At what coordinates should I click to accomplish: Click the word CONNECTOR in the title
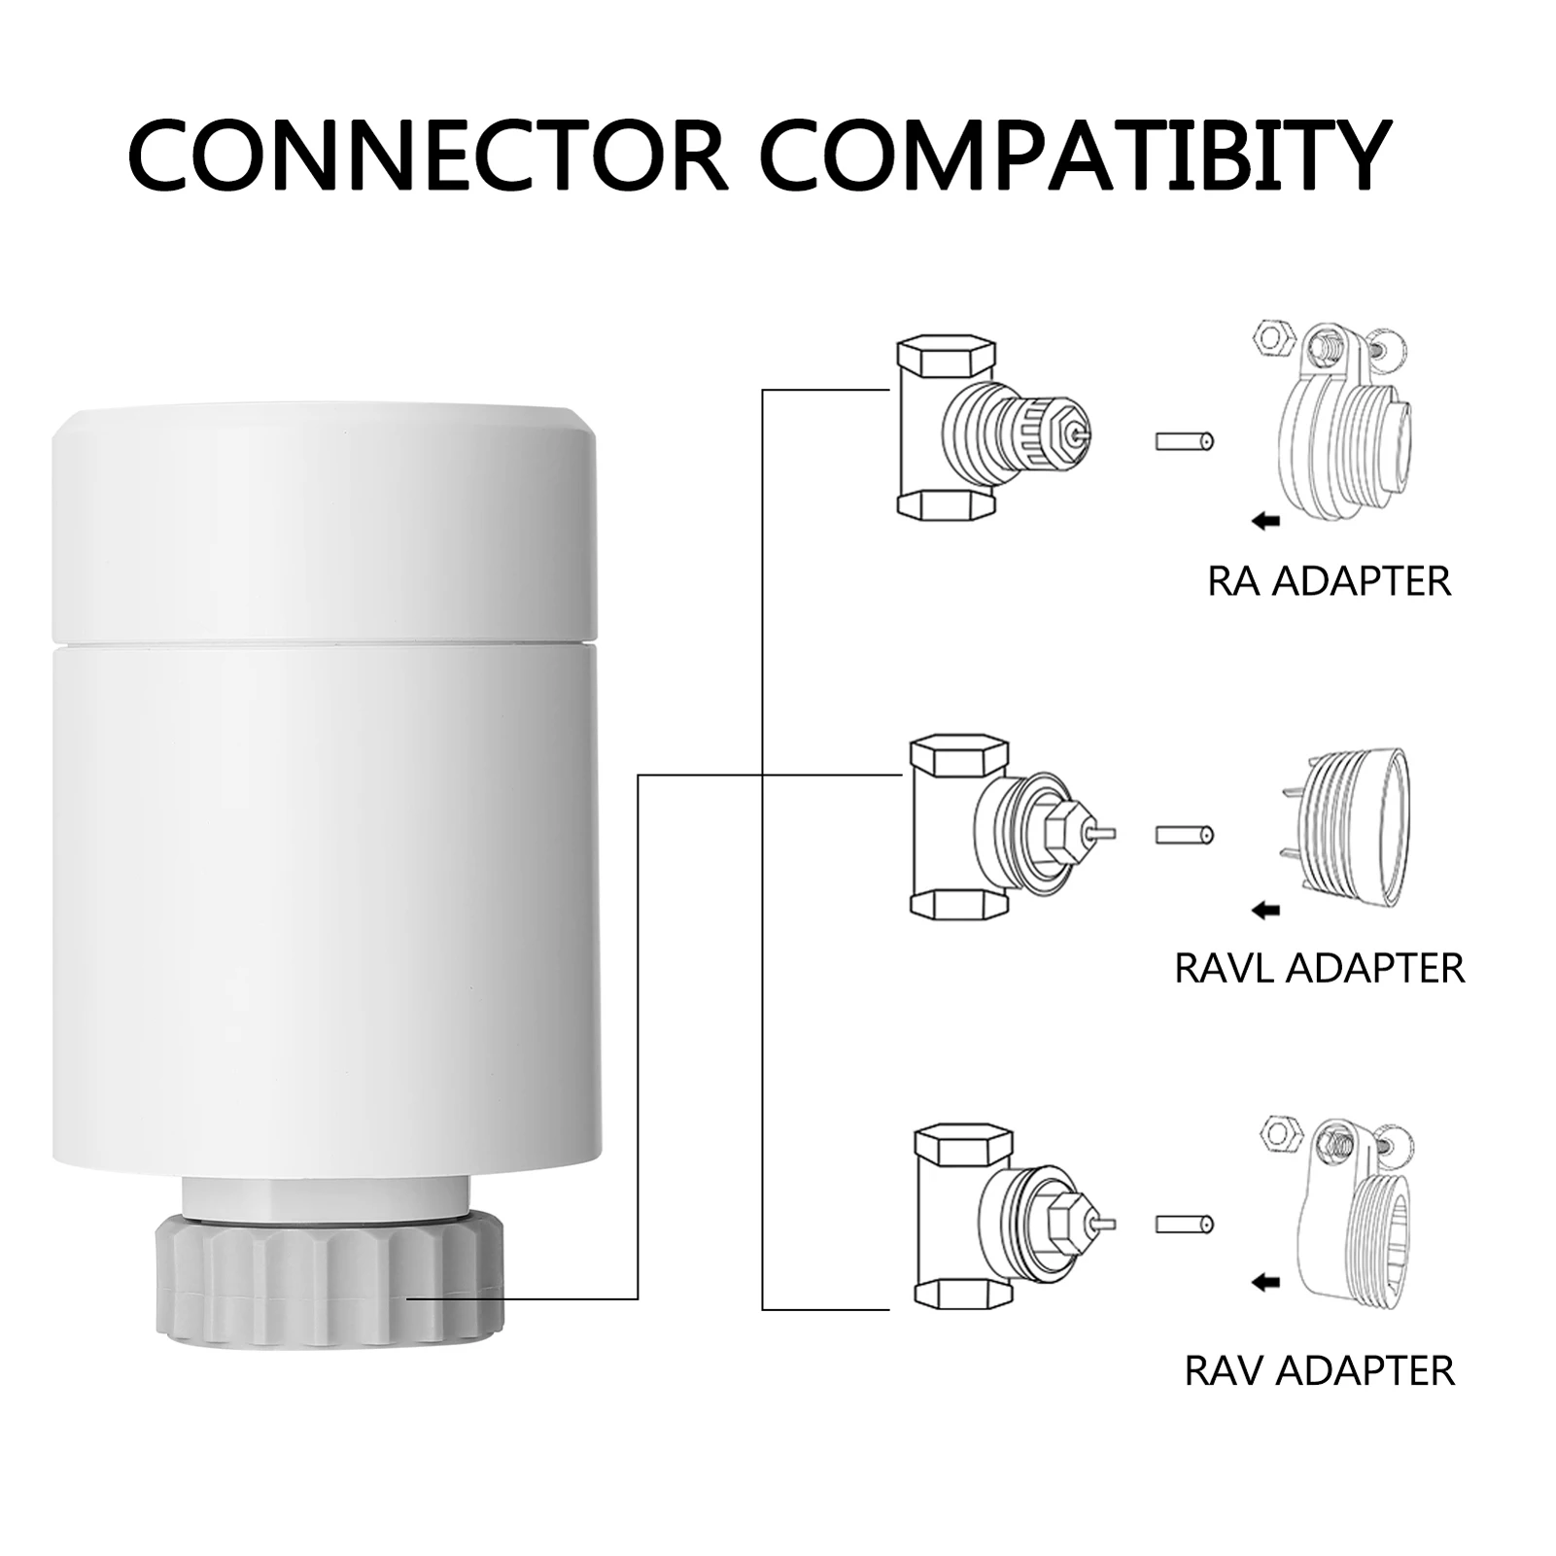point(428,156)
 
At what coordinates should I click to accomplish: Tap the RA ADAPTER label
point(1329,581)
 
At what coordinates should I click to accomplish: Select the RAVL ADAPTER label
point(1319,968)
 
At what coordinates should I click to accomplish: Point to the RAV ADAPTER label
point(1319,1371)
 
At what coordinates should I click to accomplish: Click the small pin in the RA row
point(1185,441)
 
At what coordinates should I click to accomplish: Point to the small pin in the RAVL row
point(1185,835)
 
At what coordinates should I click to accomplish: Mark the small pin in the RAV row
point(1185,1224)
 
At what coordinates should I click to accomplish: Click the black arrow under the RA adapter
point(1264,522)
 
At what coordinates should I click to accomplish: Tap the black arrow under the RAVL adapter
point(1264,911)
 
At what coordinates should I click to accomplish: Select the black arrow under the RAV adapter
point(1264,1284)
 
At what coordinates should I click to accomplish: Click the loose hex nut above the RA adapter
point(1272,337)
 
